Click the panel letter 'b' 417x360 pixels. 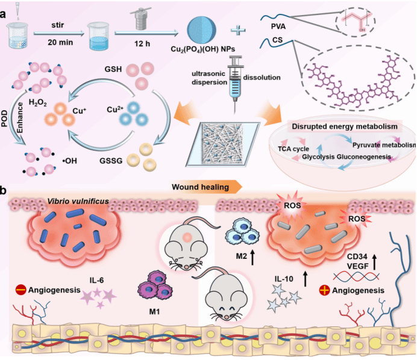(x=5, y=192)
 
